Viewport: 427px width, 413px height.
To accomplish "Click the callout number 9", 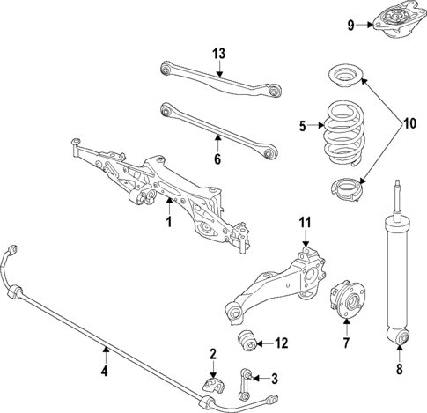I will (350, 25).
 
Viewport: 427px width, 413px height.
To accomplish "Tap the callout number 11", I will (306, 222).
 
